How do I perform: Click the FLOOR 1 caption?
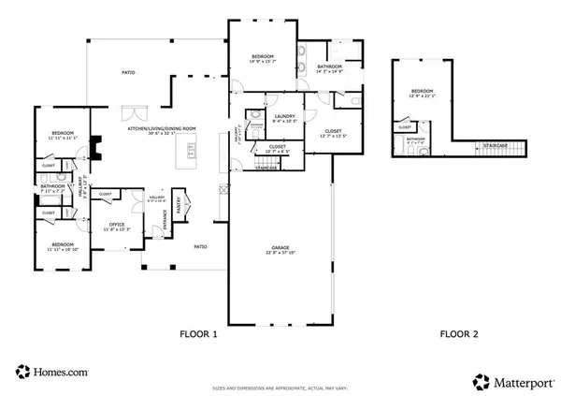point(197,333)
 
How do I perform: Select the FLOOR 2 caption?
point(460,333)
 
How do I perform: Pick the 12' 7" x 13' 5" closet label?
point(332,133)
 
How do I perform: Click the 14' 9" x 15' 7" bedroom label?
point(265,58)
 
